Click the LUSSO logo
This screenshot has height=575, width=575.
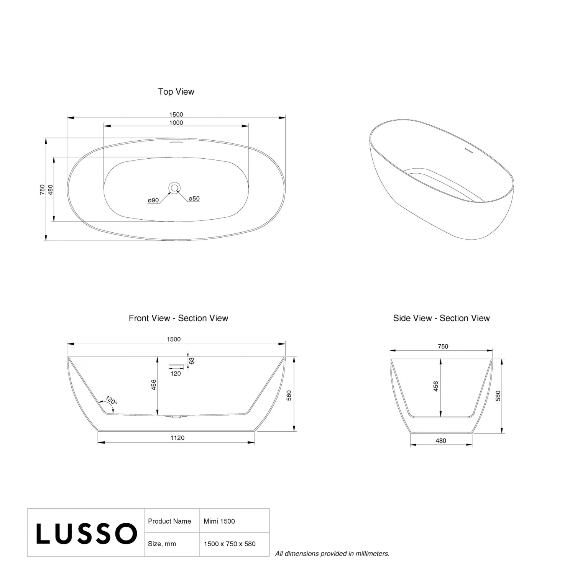tap(86, 533)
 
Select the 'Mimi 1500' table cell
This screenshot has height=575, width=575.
tap(219, 521)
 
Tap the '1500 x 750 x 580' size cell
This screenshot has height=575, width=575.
tap(230, 544)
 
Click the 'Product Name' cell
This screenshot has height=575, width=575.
tap(169, 521)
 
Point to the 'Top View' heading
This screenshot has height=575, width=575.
tap(176, 92)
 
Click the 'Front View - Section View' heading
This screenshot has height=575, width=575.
tap(178, 318)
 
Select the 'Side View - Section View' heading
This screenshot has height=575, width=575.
tap(441, 318)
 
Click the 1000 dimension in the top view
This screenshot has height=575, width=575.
tap(176, 123)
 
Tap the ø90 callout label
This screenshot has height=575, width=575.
tap(153, 200)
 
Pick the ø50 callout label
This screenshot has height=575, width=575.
tap(194, 199)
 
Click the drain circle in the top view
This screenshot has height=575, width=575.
tap(175, 187)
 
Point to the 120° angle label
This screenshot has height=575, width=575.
tap(112, 401)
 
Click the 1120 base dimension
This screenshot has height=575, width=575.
tap(177, 438)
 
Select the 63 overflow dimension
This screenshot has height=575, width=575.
tap(192, 361)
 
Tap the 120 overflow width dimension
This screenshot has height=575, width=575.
tap(176, 373)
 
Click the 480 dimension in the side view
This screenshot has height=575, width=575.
tap(441, 441)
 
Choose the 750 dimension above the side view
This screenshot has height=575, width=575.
tap(443, 347)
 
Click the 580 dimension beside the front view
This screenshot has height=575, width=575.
tap(289, 395)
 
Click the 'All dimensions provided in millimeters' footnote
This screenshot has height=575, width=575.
tap(332, 554)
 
